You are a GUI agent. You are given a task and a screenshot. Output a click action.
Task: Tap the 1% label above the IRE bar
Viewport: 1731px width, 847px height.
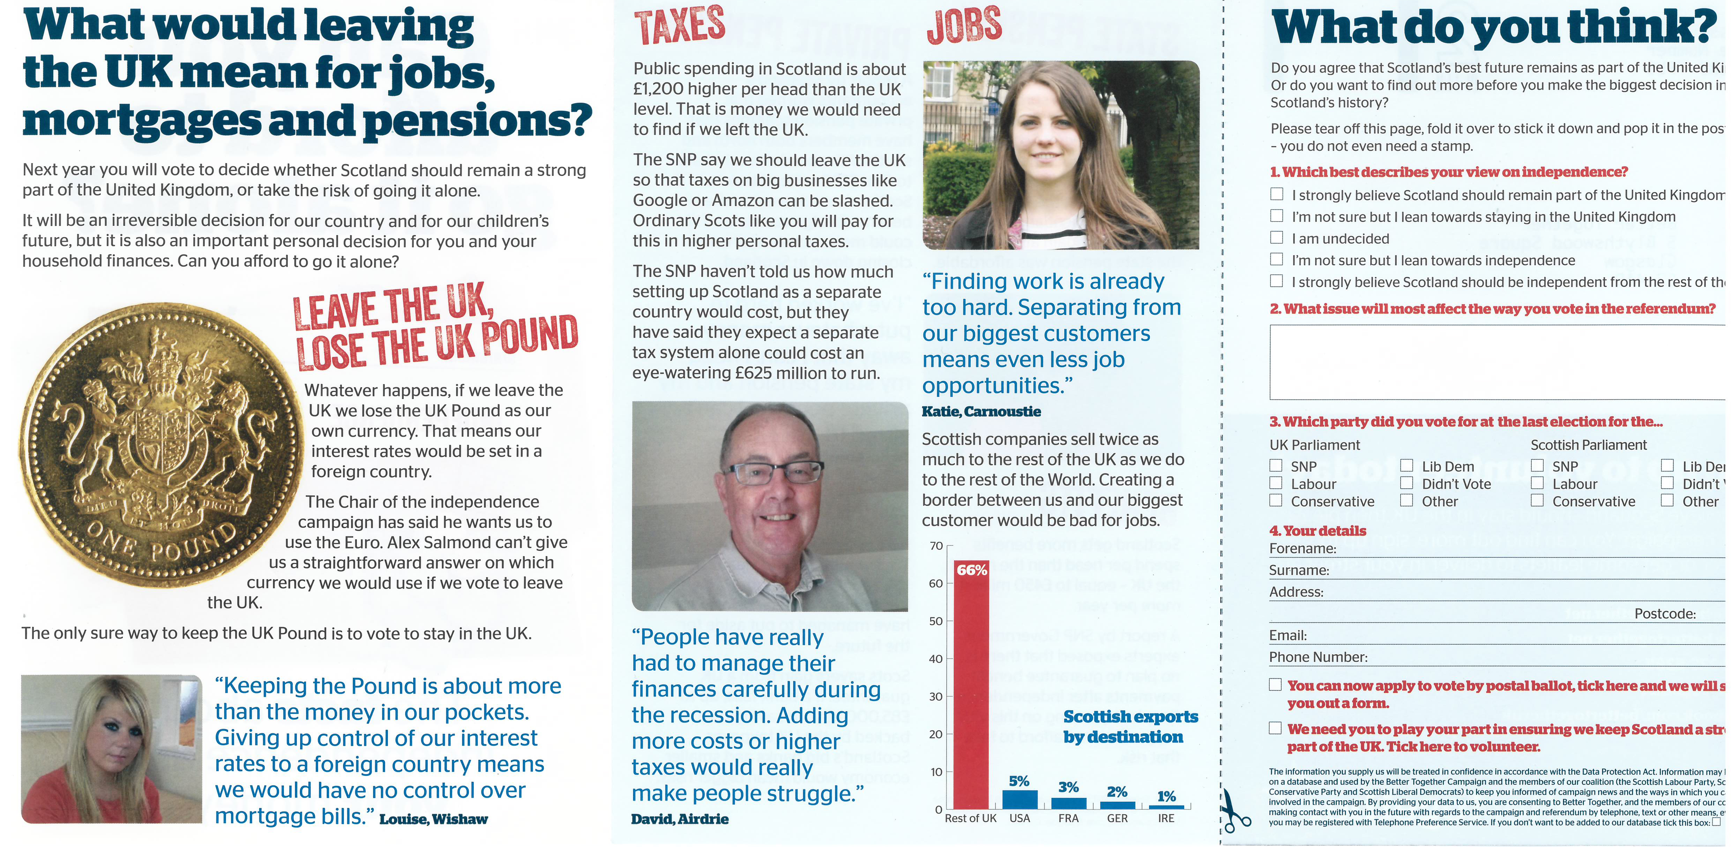1166,797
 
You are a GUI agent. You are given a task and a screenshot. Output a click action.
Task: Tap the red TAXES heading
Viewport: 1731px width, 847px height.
679,25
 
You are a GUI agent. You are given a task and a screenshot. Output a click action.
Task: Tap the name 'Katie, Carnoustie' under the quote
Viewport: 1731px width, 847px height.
981,411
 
